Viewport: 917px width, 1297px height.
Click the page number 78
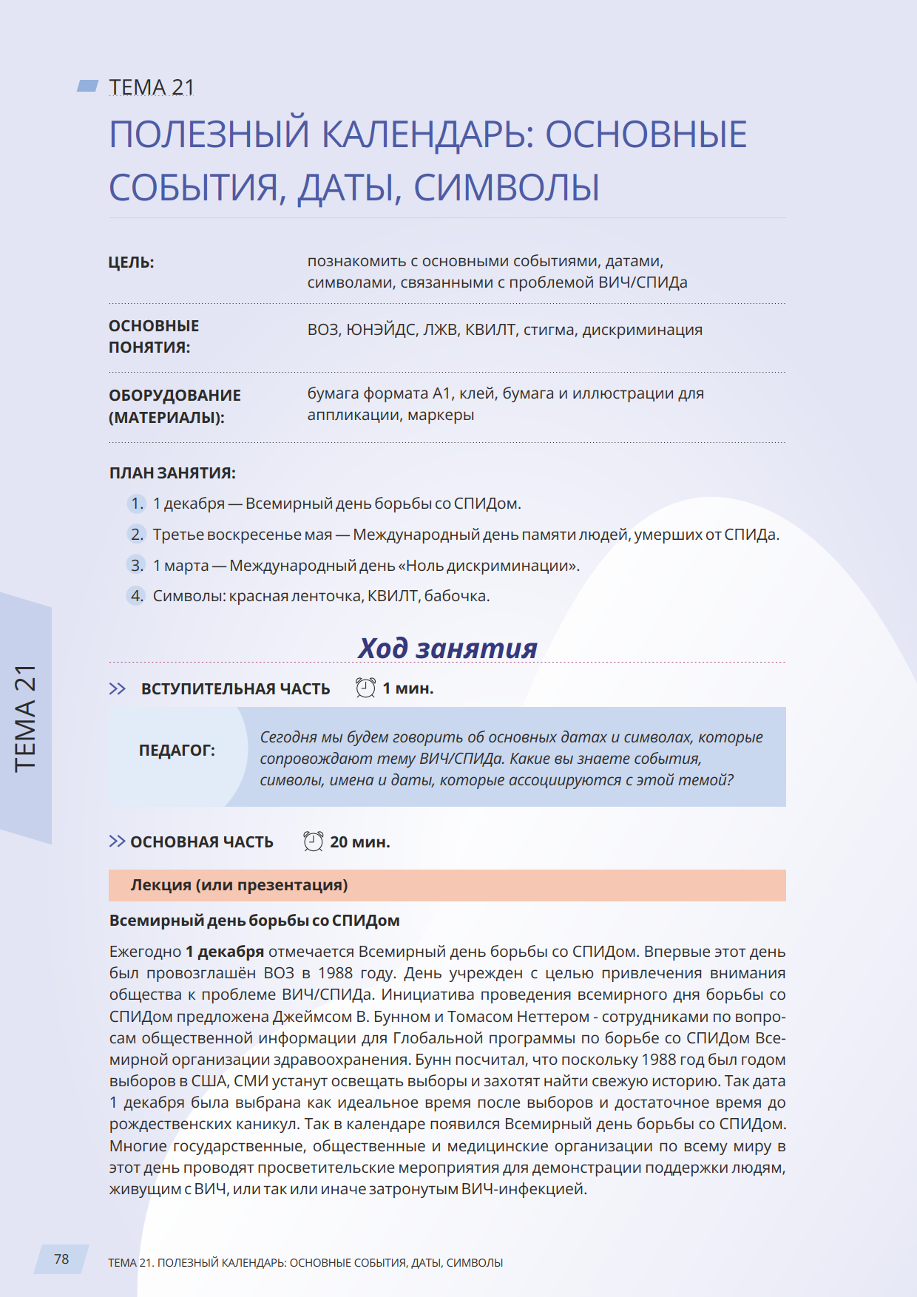[61, 1259]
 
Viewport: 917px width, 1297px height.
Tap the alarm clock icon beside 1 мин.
[365, 688]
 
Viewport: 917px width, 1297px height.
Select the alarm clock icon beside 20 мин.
[313, 841]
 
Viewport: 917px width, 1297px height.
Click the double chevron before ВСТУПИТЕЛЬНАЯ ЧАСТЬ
[117, 688]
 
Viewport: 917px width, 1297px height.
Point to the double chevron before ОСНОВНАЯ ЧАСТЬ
[117, 841]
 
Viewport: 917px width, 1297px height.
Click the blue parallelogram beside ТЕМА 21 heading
[88, 87]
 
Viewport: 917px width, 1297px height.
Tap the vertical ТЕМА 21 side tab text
[26, 718]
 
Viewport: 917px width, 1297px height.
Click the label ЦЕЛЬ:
[132, 263]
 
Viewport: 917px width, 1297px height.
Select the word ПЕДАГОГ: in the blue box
[177, 751]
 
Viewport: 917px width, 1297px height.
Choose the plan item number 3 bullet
[137, 566]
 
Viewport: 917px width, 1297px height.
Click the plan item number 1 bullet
[137, 504]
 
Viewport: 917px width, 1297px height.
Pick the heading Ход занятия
[447, 648]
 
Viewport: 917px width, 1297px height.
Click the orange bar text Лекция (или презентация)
[239, 885]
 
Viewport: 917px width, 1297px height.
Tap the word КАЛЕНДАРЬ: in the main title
[427, 135]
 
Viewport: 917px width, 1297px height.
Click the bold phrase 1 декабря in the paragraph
[224, 952]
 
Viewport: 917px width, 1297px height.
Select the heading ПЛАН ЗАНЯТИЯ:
[172, 473]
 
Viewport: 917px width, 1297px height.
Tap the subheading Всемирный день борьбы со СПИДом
[254, 921]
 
